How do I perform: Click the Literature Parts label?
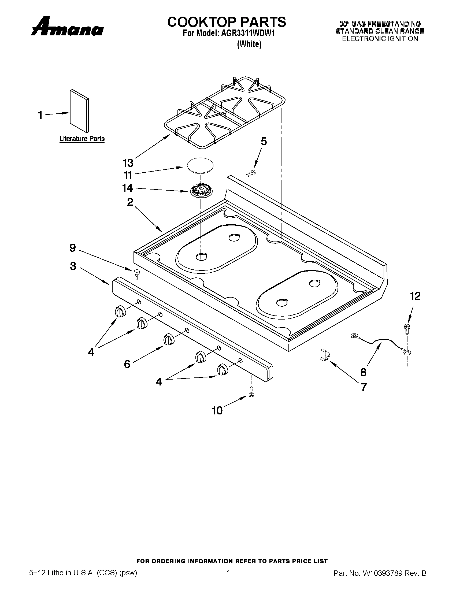[x=82, y=139]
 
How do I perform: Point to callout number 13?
[x=128, y=163]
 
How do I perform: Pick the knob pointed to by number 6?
[x=169, y=339]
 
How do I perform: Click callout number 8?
[x=363, y=372]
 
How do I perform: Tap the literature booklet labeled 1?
[x=79, y=111]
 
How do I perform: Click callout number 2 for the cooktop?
[x=130, y=202]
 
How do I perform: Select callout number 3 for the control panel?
[x=73, y=266]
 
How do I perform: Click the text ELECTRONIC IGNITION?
[x=380, y=39]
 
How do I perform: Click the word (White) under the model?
[x=249, y=44]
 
